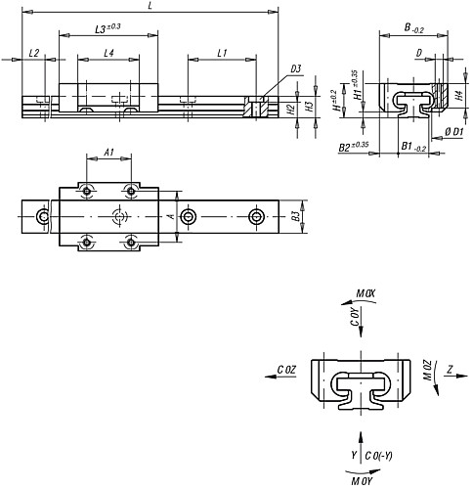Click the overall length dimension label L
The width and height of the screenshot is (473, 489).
[x=148, y=6]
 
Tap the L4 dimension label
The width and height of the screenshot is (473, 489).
[x=110, y=53]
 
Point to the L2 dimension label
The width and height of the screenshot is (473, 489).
[x=34, y=53]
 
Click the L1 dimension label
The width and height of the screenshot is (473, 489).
[x=223, y=53]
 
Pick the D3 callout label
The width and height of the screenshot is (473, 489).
[x=295, y=69]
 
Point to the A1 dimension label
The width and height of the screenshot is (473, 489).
[x=108, y=153]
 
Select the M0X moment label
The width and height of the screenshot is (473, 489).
[x=365, y=292]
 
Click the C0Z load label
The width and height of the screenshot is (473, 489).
[x=286, y=370]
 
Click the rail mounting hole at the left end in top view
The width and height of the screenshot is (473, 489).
[x=42, y=215]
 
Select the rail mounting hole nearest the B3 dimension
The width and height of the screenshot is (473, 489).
[x=256, y=215]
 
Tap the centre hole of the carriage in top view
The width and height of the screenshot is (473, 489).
[x=119, y=215]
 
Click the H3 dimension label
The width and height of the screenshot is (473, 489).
[x=309, y=108]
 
